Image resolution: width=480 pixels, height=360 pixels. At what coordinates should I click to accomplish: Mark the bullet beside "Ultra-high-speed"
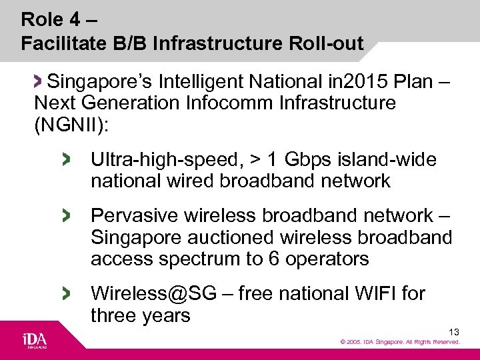(x=65, y=159)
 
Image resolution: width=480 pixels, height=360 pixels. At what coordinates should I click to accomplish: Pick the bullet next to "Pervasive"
(x=65, y=215)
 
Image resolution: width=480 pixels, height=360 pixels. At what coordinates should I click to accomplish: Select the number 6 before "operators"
(x=273, y=259)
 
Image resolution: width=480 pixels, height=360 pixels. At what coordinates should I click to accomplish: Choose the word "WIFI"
(x=369, y=293)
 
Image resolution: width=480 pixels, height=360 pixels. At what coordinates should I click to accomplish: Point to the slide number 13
(x=454, y=331)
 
